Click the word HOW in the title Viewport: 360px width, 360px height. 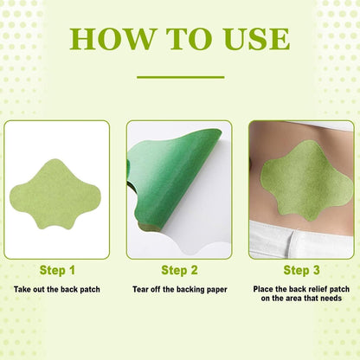click(107, 38)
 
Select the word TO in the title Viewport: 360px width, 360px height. click(183, 38)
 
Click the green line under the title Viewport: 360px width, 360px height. click(180, 78)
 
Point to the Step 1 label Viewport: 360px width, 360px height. click(57, 270)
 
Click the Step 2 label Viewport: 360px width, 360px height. click(179, 270)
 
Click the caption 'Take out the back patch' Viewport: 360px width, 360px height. click(57, 287)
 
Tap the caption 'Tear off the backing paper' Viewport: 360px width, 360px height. click(179, 287)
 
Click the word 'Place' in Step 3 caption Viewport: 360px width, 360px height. click(263, 287)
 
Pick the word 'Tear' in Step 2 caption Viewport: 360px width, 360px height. click(143, 287)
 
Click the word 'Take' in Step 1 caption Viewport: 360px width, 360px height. click(23, 287)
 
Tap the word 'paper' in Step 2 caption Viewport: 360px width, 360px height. click(215, 287)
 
